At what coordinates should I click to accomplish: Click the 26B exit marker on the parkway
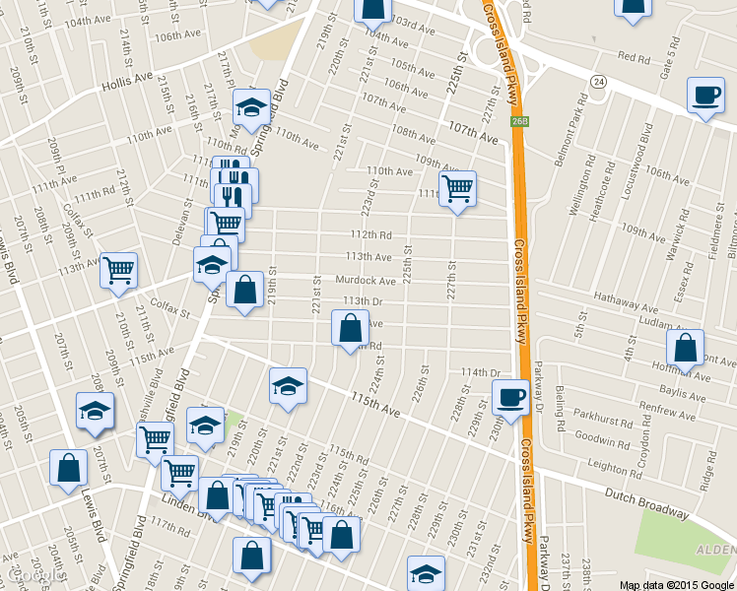[x=519, y=120]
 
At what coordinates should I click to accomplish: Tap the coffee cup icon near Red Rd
[x=704, y=95]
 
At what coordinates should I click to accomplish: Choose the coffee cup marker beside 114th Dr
[x=509, y=396]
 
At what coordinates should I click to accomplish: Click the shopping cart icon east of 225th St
[x=457, y=187]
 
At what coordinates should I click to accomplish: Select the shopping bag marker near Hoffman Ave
[x=685, y=347]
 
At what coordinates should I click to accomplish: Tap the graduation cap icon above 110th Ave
[x=251, y=105]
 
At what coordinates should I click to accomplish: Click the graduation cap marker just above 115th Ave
[x=288, y=385]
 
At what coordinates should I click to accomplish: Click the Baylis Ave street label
[x=655, y=392]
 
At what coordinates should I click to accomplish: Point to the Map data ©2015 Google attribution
[x=676, y=584]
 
